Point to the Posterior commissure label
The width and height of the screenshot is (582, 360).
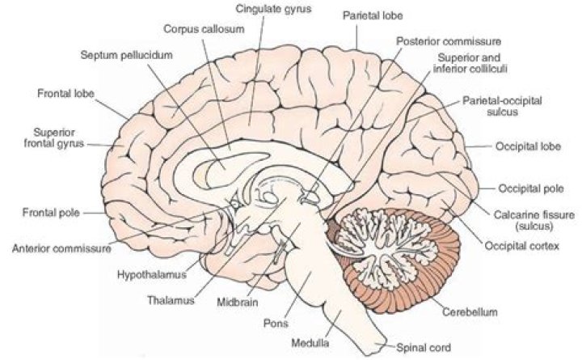449,40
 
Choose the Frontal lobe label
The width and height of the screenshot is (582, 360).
66,93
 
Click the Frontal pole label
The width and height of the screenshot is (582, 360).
49,214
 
